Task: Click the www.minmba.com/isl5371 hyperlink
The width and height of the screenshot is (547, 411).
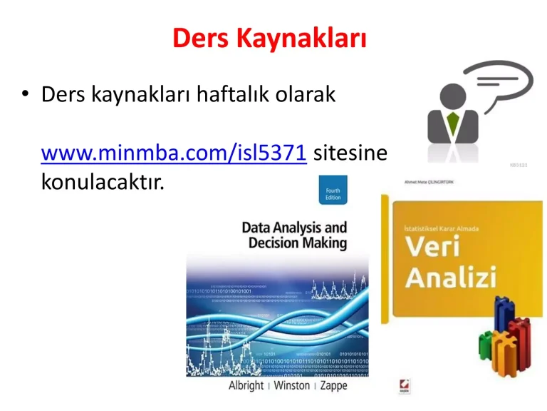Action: pyautogui.click(x=174, y=152)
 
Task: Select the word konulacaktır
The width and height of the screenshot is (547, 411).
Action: pyautogui.click(x=103, y=183)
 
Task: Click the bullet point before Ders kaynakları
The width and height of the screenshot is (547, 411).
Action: pyautogui.click(x=26, y=96)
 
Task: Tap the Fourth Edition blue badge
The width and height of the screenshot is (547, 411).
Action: pyautogui.click(x=333, y=195)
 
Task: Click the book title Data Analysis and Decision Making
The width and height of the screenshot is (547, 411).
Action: pyautogui.click(x=294, y=235)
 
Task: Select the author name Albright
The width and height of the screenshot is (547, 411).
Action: pyautogui.click(x=246, y=385)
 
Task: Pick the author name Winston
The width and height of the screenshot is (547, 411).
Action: pyautogui.click(x=292, y=385)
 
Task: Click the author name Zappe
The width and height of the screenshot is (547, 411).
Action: pyautogui.click(x=333, y=385)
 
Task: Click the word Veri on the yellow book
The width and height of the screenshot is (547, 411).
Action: pyautogui.click(x=435, y=248)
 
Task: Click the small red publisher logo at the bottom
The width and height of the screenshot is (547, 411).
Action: pyautogui.click(x=405, y=386)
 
